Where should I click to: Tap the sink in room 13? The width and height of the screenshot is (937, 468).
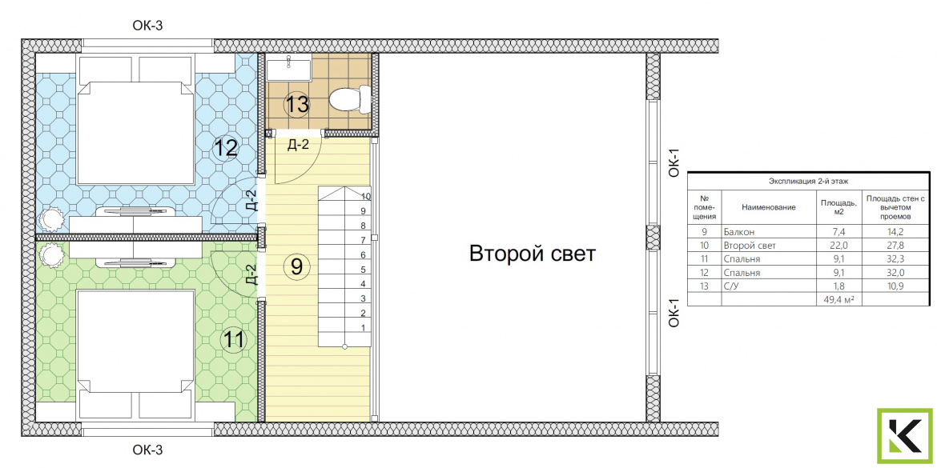(x=288, y=67)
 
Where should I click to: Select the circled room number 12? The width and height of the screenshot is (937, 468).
(x=226, y=147)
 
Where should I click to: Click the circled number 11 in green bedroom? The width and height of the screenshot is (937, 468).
(x=234, y=340)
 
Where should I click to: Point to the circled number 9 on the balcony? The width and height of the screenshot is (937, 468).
(x=296, y=266)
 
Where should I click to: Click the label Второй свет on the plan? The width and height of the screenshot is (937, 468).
(x=532, y=253)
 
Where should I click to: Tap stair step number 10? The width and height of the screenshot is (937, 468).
(x=366, y=196)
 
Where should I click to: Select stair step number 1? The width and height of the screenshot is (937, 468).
(x=363, y=328)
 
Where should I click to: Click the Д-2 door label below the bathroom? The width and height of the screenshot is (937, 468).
(x=298, y=145)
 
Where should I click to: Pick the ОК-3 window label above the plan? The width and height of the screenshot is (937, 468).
(x=147, y=25)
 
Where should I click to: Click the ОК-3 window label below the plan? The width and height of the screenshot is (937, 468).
(x=147, y=450)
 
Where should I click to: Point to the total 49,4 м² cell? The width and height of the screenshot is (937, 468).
(x=838, y=300)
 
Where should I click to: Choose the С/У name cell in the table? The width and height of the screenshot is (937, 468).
(x=731, y=286)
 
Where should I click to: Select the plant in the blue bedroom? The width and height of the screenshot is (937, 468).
(x=50, y=219)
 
